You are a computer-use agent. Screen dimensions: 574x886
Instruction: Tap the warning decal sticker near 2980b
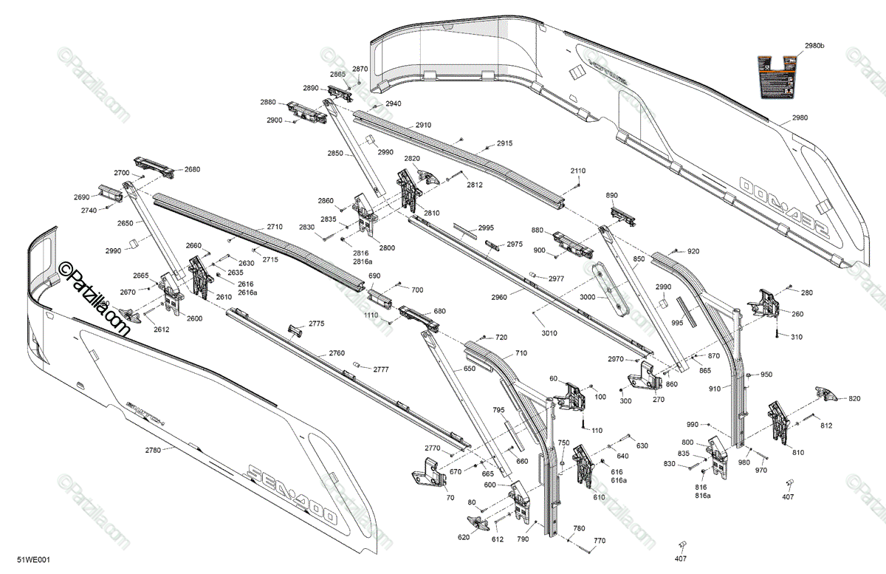(x=779, y=77)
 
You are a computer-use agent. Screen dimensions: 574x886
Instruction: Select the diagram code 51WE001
(x=33, y=561)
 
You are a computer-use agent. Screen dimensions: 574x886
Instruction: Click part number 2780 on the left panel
(x=153, y=449)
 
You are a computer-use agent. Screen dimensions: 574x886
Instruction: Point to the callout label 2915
(x=504, y=143)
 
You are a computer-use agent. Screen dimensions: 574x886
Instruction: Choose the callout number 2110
(x=577, y=171)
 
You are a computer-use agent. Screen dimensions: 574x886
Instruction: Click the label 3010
(x=549, y=333)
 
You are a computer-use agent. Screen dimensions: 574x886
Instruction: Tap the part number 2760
(x=337, y=353)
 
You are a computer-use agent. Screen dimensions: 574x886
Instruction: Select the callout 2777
(x=381, y=369)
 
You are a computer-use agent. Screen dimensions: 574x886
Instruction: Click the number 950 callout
(x=766, y=375)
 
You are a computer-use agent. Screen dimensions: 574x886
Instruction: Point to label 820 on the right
(x=854, y=399)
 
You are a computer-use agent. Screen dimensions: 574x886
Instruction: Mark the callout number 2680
(x=192, y=169)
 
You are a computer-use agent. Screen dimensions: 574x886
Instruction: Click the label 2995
(x=486, y=228)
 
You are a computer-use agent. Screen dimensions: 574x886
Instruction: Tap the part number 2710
(x=275, y=227)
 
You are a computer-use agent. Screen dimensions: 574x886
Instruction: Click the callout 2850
(x=335, y=154)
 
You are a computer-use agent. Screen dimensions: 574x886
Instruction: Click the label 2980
(x=800, y=117)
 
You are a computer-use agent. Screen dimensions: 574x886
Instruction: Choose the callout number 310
(x=796, y=337)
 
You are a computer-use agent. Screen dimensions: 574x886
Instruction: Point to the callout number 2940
(x=393, y=104)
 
